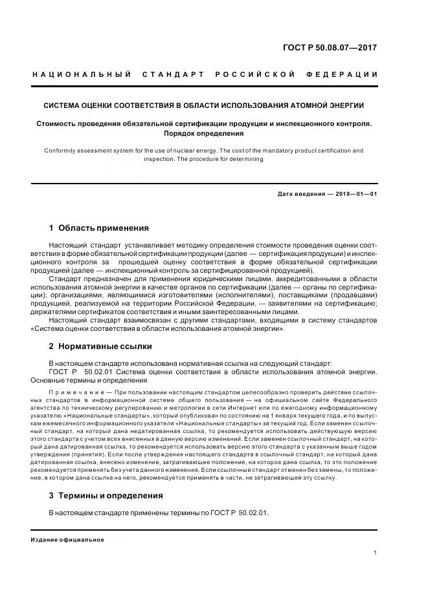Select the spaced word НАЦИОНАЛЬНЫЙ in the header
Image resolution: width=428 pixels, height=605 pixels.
click(82, 74)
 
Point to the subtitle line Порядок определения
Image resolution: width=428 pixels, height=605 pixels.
click(203, 133)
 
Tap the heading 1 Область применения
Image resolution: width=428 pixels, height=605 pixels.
click(99, 228)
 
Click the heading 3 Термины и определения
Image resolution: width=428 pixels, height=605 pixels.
click(106, 496)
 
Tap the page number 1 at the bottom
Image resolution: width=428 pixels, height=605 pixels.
click(376, 553)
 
